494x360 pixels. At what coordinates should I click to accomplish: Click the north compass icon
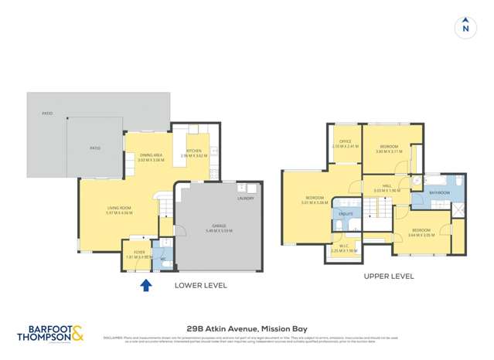465,27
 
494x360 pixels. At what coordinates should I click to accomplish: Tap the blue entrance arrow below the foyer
145,286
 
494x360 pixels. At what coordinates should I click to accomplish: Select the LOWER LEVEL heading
200,285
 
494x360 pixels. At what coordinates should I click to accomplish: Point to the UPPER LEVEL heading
389,276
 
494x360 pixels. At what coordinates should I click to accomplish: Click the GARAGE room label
218,226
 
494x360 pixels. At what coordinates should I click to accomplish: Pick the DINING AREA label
151,155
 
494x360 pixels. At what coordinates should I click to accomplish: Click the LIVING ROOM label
119,207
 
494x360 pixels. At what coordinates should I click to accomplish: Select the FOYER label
139,252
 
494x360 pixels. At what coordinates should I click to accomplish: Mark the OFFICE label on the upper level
346,141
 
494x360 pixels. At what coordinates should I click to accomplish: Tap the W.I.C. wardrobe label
343,246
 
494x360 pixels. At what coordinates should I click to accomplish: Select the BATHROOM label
439,192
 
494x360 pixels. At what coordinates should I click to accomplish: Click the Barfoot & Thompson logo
50,333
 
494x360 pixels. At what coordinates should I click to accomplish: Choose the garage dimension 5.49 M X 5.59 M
218,231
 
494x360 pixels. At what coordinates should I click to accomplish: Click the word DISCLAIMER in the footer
113,337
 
